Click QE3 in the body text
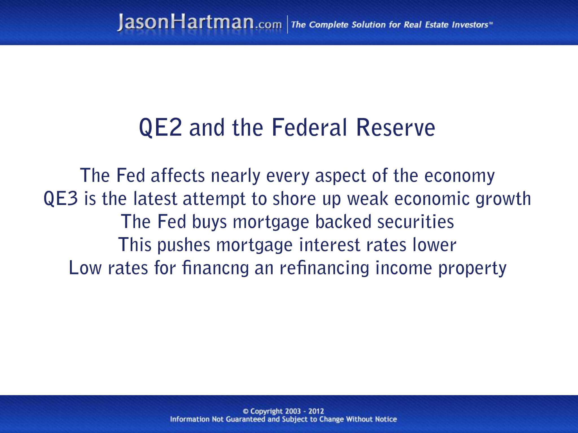tap(61, 198)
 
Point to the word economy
tap(459, 176)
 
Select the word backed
tap(343, 222)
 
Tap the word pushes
tap(184, 245)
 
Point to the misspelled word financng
tap(216, 268)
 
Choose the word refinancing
tap(324, 268)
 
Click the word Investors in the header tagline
tap(470, 25)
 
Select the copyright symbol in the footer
tap(246, 412)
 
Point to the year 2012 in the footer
tap(316, 411)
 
